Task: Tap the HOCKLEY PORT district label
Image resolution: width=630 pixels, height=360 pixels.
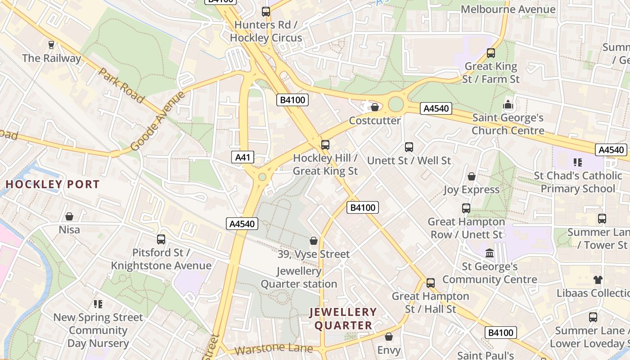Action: (53, 184)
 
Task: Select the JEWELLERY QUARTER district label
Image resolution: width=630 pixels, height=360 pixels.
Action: (343, 318)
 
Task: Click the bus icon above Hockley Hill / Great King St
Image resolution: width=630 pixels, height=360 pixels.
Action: (325, 145)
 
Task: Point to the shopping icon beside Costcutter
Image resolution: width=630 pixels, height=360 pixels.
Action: (374, 107)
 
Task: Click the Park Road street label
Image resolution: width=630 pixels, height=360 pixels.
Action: (121, 85)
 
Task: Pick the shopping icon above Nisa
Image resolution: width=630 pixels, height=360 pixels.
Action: (69, 216)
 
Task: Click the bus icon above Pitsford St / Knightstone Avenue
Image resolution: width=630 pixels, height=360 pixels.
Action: (161, 239)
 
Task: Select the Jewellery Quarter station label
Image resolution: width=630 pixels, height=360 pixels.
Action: (299, 278)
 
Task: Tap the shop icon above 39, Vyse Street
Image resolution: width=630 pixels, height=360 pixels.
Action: (314, 241)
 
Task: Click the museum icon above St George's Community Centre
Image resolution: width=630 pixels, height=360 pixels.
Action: (490, 253)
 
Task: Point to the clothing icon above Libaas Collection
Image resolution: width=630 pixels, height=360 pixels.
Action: (598, 279)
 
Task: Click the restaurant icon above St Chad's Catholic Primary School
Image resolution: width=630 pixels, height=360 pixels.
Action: (577, 162)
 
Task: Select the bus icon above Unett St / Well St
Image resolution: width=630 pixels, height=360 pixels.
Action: (409, 147)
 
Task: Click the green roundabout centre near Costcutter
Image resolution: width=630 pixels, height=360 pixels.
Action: (396, 104)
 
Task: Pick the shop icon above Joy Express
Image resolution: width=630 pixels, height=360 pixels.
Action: (471, 176)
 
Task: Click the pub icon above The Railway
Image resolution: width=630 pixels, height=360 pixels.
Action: (51, 45)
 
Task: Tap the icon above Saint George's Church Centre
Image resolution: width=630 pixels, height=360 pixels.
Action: (508, 105)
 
